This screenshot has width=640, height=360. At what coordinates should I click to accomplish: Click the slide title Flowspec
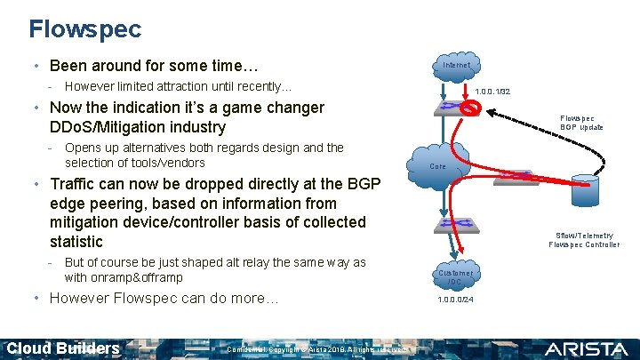tap(84, 29)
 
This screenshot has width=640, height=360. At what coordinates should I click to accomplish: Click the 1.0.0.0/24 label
tap(455, 300)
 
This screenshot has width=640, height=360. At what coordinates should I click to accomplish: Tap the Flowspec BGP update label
tap(581, 123)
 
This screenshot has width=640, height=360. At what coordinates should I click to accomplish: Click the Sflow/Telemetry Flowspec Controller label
tap(584, 240)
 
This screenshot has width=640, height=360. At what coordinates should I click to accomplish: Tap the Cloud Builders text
tap(62, 348)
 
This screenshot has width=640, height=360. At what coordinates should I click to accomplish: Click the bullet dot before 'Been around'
tap(33, 67)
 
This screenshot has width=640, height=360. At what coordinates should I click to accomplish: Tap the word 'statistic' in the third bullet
tap(77, 241)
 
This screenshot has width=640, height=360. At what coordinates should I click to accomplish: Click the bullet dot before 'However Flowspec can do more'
tap(33, 299)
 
